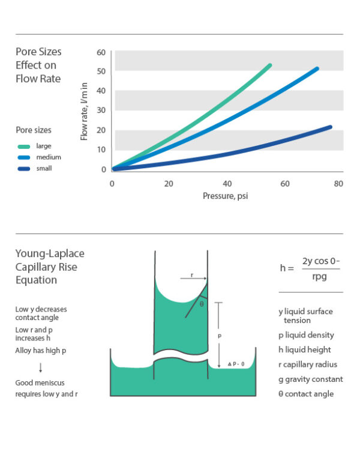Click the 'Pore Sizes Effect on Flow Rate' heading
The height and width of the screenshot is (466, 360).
38,65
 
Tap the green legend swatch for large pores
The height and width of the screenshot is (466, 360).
23,146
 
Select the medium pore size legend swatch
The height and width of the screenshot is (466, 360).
23,157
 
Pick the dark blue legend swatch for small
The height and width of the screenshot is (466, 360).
23,169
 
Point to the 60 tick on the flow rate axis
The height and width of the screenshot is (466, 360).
101,53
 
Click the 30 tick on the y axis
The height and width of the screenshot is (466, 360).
101,110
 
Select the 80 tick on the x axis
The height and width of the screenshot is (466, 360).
338,184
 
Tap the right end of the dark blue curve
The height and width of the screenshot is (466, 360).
329,127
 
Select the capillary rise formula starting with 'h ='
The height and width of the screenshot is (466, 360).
310,268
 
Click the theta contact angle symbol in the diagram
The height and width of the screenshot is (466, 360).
201,304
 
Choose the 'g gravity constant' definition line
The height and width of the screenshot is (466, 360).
311,379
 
